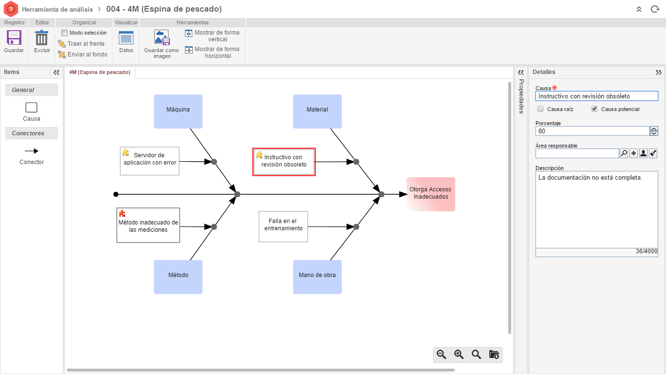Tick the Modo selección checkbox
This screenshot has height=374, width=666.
point(64,33)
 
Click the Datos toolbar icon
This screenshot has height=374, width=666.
point(126,38)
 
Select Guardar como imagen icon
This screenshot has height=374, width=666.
point(162,37)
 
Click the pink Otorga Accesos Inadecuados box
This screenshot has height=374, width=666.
point(431,194)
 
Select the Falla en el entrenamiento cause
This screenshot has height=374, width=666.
point(283,226)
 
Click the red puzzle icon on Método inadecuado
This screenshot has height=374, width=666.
point(122,213)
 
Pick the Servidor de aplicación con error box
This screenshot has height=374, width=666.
point(149,161)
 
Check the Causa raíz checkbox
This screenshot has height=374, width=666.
point(540,109)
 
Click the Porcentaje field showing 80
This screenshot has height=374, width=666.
point(592,131)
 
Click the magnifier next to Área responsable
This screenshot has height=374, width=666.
point(624,153)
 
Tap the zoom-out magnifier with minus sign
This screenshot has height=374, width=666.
point(442,355)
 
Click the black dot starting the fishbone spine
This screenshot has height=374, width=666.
point(116,194)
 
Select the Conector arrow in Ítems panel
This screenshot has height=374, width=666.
point(32,151)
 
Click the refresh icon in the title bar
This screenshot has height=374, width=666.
point(655,9)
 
